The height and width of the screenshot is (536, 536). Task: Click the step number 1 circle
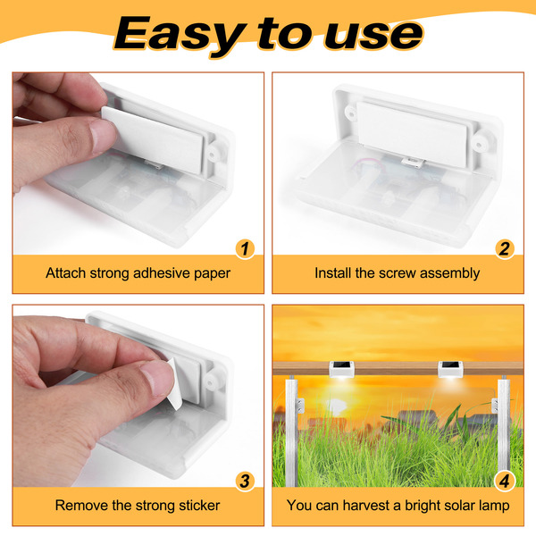(x=245, y=249)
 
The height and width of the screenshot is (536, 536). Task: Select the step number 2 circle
(x=505, y=249)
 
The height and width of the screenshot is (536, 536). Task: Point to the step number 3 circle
(x=245, y=482)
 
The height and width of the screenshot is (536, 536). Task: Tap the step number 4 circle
(x=505, y=482)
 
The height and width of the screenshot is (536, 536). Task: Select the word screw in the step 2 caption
(x=398, y=273)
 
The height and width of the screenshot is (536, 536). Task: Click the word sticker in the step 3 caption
(x=199, y=506)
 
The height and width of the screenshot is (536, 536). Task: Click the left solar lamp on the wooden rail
(x=342, y=369)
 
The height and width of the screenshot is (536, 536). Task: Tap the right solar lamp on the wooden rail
(x=451, y=369)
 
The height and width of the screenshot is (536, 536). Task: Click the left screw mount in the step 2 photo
(x=351, y=113)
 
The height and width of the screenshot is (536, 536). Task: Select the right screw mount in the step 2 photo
(x=480, y=145)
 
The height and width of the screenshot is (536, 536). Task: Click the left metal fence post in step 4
(x=291, y=431)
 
